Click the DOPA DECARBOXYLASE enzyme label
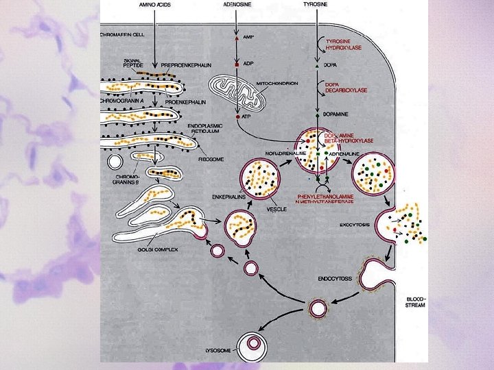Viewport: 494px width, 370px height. click(346, 87)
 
